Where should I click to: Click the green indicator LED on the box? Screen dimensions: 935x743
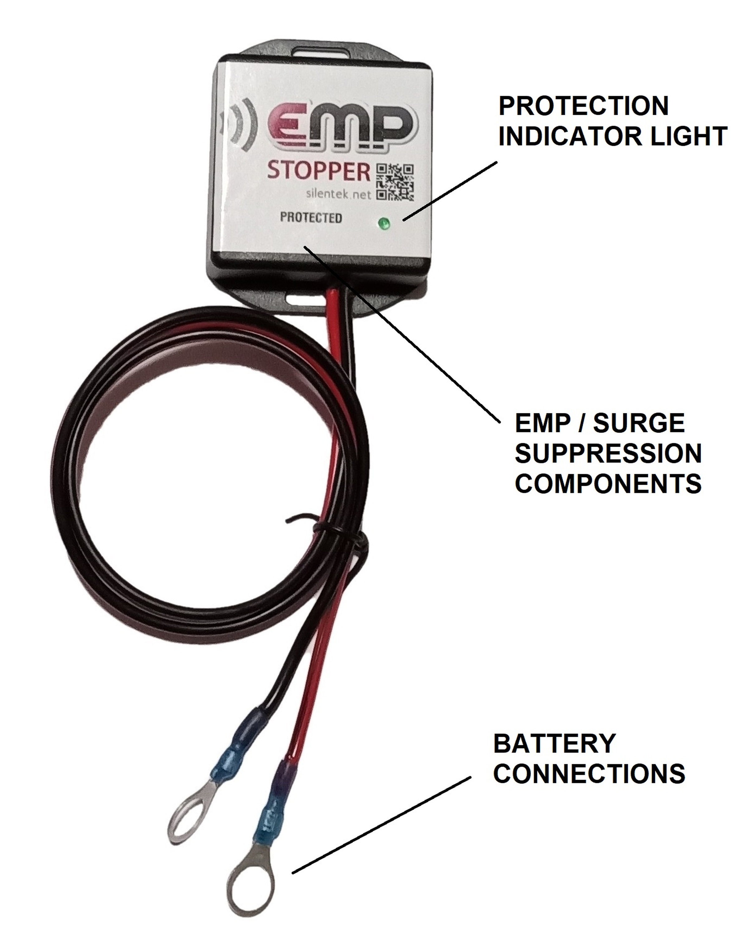coord(384,224)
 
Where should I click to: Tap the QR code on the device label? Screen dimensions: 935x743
coord(395,182)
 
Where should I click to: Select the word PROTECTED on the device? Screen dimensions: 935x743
coord(311,218)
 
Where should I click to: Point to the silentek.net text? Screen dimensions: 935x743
coord(339,194)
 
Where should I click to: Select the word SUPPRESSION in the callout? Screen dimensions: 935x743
coord(608,453)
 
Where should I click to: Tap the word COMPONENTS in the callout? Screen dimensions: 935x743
coord(608,483)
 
